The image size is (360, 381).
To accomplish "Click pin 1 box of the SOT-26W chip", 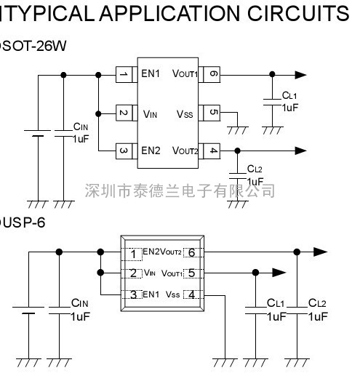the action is [x=124, y=74].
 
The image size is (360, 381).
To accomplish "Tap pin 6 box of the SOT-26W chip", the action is [x=212, y=74].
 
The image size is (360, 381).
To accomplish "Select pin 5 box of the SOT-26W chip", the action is [x=212, y=113].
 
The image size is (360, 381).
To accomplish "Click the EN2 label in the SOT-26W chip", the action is [x=151, y=151].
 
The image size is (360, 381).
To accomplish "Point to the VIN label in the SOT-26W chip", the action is [x=150, y=114].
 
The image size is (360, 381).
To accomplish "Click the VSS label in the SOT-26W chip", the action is [x=185, y=114].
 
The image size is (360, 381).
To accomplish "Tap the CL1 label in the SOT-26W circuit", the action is [x=289, y=95].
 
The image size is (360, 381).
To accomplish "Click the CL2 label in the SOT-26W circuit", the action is [x=255, y=169].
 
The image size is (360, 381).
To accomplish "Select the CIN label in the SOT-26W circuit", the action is [x=81, y=127].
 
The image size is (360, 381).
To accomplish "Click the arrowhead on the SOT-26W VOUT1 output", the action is [x=300, y=75].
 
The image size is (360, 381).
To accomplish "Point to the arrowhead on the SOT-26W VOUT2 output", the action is [x=300, y=151].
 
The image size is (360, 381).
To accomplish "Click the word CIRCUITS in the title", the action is [x=298, y=13].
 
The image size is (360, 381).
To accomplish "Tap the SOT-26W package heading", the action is [x=34, y=46].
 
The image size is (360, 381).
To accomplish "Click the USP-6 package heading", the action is [x=24, y=222].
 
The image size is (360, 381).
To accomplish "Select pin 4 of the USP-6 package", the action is [x=192, y=294].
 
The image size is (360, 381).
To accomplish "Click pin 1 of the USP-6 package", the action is [x=132, y=254].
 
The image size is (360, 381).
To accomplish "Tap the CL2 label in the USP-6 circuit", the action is [x=317, y=303].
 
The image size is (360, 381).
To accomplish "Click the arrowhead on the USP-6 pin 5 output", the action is [x=279, y=273].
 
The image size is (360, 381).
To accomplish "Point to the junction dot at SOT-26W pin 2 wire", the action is [x=98, y=113].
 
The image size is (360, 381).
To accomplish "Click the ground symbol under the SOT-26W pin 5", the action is [x=238, y=130].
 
